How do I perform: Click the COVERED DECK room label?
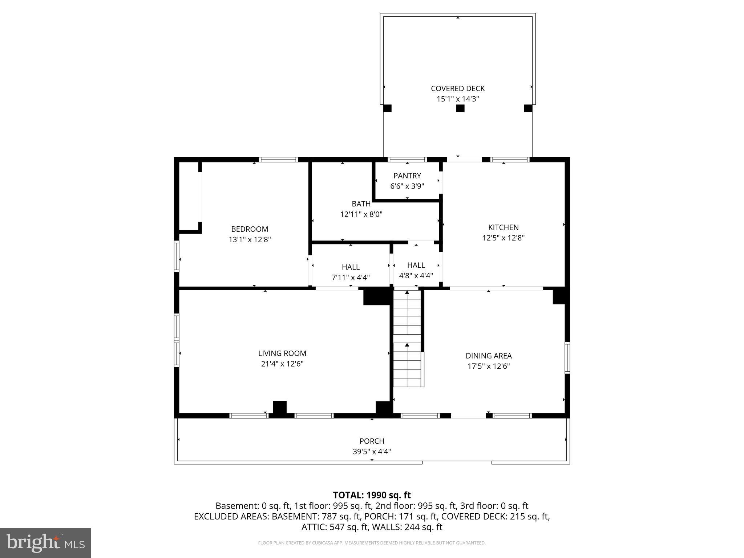tap(457, 88)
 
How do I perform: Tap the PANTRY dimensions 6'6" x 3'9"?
tap(407, 186)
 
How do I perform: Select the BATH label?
tap(361, 204)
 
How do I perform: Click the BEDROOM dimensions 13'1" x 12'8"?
tap(249, 239)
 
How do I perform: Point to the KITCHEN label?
tap(503, 227)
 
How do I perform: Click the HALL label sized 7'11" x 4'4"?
tap(351, 267)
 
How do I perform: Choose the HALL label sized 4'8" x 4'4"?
tap(416, 265)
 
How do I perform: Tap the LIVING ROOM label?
tap(282, 353)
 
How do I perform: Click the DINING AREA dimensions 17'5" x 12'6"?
tap(488, 366)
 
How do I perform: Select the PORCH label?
tap(372, 441)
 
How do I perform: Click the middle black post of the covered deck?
tap(460, 108)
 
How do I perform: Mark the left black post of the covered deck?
tap(387, 108)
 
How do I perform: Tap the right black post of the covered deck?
tap(528, 108)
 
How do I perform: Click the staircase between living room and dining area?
tap(407, 338)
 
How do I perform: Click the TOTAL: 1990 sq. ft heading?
tap(372, 495)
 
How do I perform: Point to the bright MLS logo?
tap(45, 543)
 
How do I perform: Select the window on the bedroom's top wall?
tap(278, 159)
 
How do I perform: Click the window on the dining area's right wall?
tap(567, 357)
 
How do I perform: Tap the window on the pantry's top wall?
tap(407, 159)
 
